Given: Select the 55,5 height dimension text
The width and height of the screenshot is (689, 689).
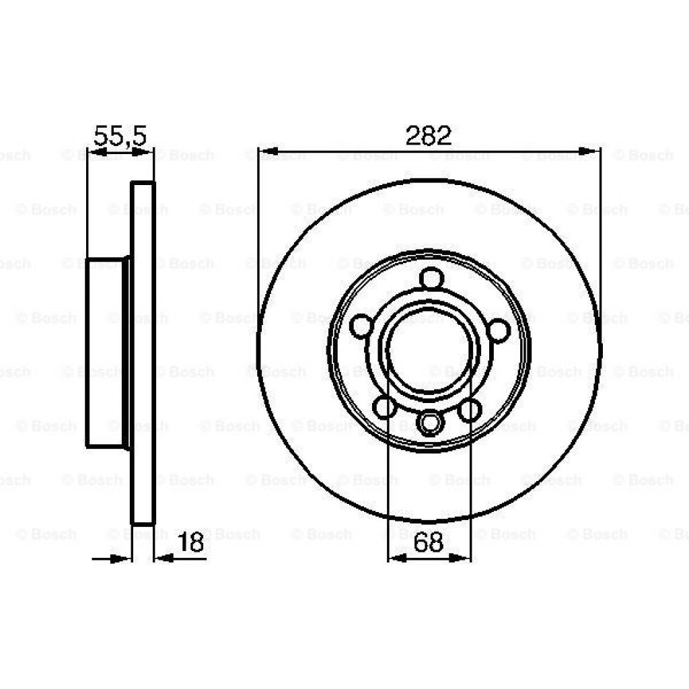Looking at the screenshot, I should [x=120, y=136].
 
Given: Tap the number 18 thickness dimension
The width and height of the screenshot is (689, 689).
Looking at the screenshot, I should [x=190, y=542].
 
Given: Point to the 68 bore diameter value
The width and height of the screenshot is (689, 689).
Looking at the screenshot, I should [x=429, y=542].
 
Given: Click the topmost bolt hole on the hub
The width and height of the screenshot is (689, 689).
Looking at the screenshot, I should [x=430, y=278].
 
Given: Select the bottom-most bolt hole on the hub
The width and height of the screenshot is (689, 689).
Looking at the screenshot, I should [x=429, y=423].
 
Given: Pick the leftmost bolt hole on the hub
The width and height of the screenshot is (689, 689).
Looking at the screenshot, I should [x=361, y=326].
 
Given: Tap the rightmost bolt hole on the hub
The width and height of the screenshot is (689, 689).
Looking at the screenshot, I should [x=499, y=330].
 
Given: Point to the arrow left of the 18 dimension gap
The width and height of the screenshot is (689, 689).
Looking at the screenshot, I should [x=122, y=558].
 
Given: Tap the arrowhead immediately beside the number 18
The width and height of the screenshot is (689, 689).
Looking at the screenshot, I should [x=164, y=558].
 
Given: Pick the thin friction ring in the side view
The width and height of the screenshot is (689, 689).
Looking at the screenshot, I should [x=143, y=353].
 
